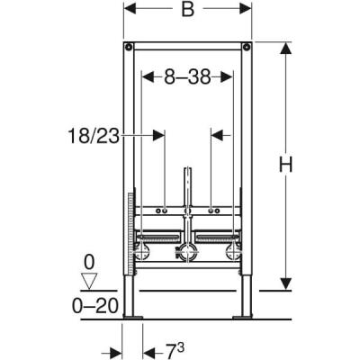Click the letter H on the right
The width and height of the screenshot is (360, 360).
tap(308, 166)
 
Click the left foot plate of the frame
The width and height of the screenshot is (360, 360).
tap(133, 317)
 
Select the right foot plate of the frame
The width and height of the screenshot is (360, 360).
tap(243, 317)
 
